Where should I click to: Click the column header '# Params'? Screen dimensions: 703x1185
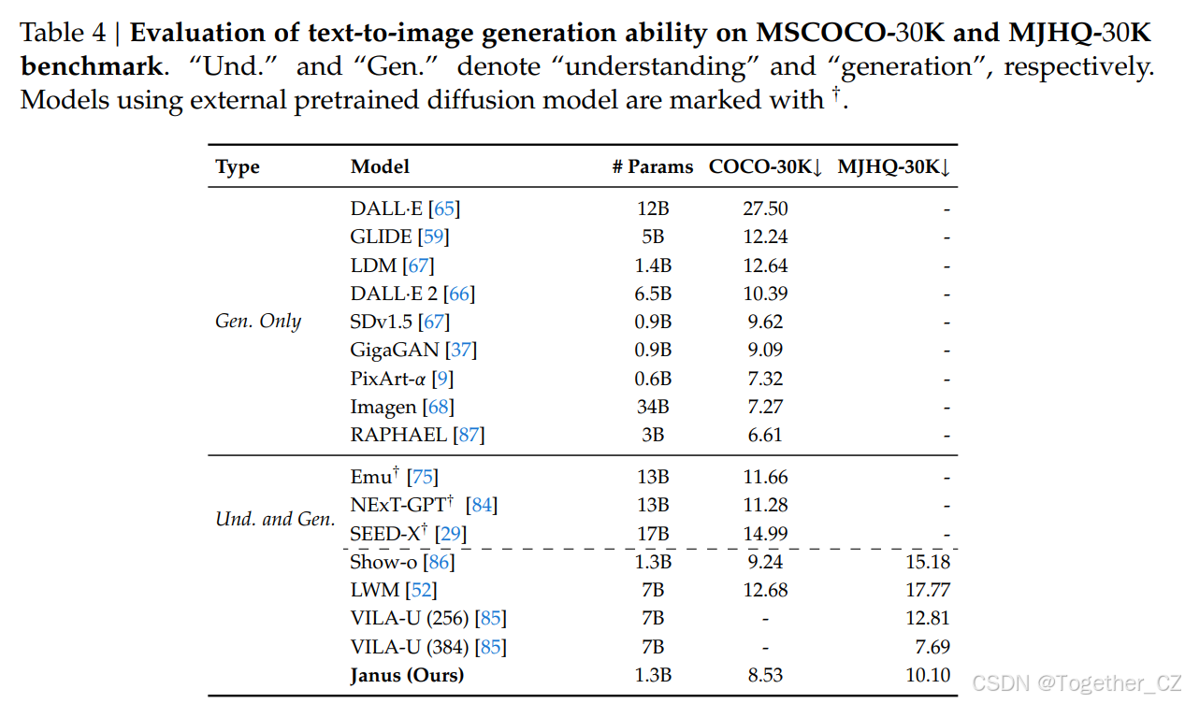(x=653, y=167)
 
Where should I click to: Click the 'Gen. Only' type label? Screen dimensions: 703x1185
(x=258, y=322)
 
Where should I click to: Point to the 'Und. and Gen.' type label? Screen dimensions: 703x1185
(x=275, y=519)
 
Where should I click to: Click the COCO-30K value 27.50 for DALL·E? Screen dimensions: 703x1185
(x=765, y=209)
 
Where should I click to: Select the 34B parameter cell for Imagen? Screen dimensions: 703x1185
(x=653, y=407)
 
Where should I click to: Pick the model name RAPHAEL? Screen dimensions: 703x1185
(x=399, y=435)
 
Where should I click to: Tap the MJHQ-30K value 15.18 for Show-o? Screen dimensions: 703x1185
(x=928, y=562)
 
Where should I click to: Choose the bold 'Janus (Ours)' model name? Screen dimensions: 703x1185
(x=407, y=675)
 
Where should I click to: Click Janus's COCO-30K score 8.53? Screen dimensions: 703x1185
(x=765, y=675)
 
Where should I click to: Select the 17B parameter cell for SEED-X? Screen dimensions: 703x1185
(x=653, y=534)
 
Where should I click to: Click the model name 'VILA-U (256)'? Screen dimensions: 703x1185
(x=410, y=619)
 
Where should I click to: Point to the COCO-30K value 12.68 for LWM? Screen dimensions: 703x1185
(x=765, y=591)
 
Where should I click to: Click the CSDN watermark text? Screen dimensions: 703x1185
(x=1077, y=684)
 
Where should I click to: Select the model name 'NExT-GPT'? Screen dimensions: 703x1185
(x=397, y=506)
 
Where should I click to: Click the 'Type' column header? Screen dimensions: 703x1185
(x=238, y=167)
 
